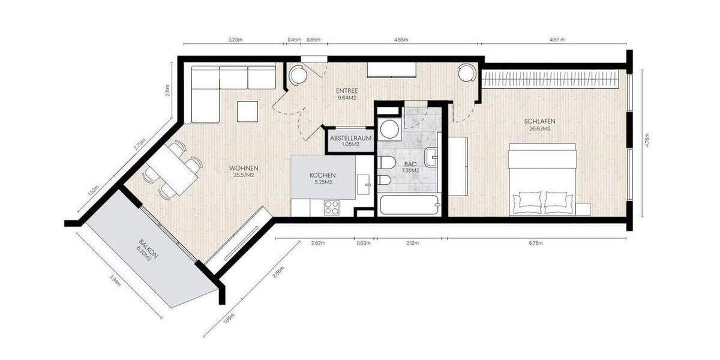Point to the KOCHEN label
321,175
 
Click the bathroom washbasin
433,158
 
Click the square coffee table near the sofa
247,111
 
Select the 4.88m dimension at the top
401,40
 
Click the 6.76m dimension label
535,244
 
